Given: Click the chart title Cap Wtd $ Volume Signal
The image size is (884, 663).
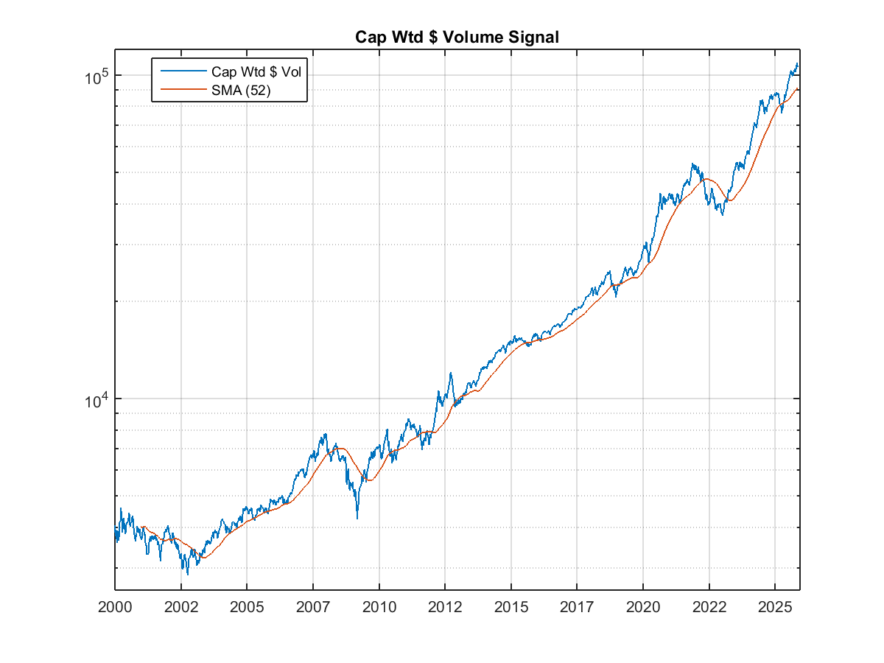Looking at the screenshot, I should pyautogui.click(x=457, y=37).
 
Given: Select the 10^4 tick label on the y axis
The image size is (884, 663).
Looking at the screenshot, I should pyautogui.click(x=96, y=400).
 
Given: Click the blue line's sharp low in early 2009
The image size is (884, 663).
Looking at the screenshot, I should pyautogui.click(x=357, y=518).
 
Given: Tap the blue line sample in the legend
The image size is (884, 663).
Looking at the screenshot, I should pyautogui.click(x=180, y=71).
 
